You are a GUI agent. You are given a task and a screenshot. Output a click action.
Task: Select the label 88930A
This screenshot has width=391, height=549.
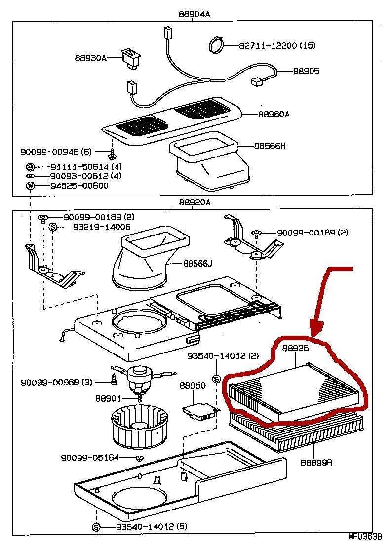pyautogui.click(x=91, y=58)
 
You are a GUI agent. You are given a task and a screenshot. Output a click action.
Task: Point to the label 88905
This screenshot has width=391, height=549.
pyautogui.click(x=306, y=71)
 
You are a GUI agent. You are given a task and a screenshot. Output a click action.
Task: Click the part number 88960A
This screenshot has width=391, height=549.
pyautogui.click(x=274, y=114)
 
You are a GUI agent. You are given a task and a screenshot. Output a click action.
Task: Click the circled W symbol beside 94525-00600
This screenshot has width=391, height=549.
pyautogui.click(x=30, y=186)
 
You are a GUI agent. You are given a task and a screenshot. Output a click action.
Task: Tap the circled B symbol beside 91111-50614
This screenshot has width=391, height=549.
pyautogui.click(x=30, y=167)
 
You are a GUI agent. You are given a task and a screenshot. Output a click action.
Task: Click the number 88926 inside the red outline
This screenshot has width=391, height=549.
pyautogui.click(x=296, y=348)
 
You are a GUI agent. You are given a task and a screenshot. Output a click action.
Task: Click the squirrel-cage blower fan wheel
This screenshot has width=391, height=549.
pyautogui.click(x=134, y=424)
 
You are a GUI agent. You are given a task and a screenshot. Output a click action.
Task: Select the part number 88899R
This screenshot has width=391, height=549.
pyautogui.click(x=316, y=462)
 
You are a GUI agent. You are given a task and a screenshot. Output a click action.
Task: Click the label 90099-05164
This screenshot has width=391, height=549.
pyautogui.click(x=90, y=457)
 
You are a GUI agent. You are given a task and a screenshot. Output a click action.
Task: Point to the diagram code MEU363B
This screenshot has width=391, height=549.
pyautogui.click(x=365, y=536)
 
